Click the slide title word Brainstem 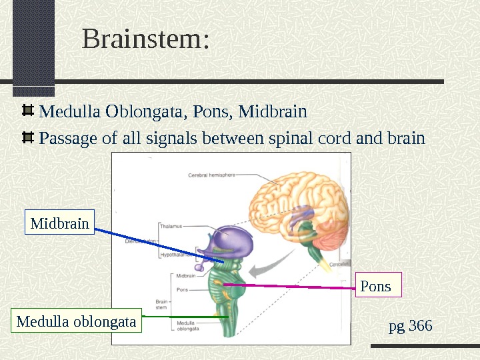[145, 39]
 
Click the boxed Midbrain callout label [60, 223]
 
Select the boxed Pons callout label [375, 286]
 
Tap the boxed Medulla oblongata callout [76, 322]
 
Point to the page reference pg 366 [410, 326]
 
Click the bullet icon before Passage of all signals [29, 138]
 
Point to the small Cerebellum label [339, 264]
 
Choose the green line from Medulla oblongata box [187, 317]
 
